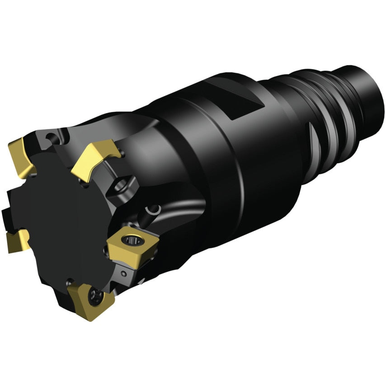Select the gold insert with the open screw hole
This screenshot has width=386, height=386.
click(x=134, y=244)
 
